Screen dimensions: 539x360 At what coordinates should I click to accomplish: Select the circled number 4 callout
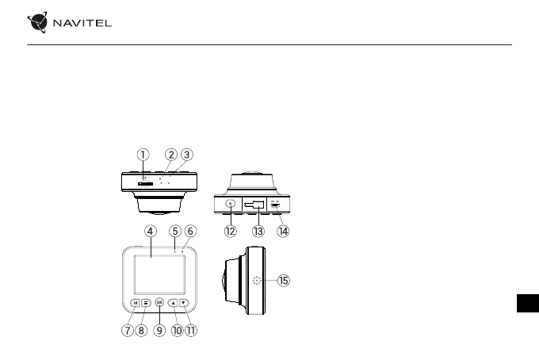(150, 231)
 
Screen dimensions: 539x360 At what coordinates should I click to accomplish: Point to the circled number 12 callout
(231, 232)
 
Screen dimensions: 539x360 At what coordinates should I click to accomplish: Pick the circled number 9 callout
(160, 331)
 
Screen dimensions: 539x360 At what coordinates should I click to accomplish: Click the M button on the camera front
(136, 302)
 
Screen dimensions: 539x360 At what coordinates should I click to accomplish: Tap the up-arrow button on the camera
(172, 302)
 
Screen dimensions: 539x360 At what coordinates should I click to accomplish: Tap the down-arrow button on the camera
(183, 302)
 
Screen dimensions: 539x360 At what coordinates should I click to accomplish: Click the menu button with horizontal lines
(147, 302)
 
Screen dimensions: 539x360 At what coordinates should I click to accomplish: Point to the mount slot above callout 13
(255, 205)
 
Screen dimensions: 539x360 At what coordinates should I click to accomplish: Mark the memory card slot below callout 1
(144, 182)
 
